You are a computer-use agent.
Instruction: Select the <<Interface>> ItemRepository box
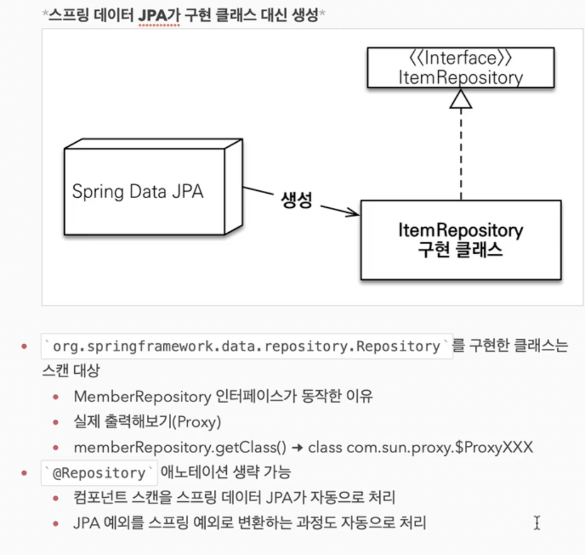pos(460,68)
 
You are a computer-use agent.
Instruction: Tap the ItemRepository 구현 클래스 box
pos(460,240)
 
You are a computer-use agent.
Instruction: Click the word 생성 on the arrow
pos(296,201)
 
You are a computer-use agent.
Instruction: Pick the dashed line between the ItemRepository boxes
pos(460,153)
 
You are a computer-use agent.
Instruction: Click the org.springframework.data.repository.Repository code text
pos(247,347)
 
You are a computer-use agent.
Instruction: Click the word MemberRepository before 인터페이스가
pos(142,396)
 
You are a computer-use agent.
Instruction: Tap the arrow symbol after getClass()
pos(298,447)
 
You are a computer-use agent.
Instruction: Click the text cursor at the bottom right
pos(536,522)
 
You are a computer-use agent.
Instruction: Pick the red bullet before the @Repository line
pos(24,473)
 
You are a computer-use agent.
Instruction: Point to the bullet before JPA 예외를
pos(56,523)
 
